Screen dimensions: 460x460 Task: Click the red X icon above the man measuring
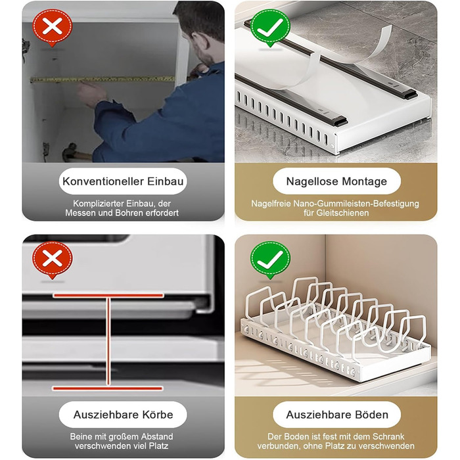click(x=52, y=28)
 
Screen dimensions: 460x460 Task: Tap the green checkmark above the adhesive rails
click(x=270, y=28)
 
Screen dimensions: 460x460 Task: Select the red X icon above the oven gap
click(x=53, y=260)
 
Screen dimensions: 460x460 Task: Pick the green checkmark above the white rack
click(x=270, y=260)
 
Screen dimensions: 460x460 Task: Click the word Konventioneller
click(x=103, y=181)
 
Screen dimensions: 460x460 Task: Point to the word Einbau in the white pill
click(x=165, y=181)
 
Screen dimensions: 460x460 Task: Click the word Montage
click(x=364, y=181)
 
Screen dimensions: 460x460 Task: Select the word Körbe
click(x=158, y=415)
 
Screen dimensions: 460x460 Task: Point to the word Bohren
click(x=128, y=213)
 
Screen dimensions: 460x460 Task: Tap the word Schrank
click(x=388, y=436)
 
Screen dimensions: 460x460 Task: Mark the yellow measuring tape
click(x=103, y=80)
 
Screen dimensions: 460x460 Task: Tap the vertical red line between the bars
click(x=108, y=342)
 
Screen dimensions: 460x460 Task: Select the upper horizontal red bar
click(x=108, y=296)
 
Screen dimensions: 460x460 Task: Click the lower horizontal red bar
click(x=107, y=388)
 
